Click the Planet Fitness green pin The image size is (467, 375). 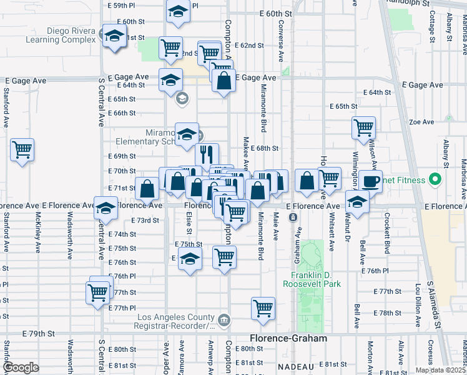click(x=436, y=181)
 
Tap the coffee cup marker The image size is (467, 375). click(x=370, y=181)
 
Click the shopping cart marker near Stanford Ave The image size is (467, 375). click(x=22, y=150)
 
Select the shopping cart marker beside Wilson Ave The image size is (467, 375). click(x=363, y=127)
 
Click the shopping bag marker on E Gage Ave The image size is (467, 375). click(x=224, y=80)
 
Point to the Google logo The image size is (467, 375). click(x=21, y=367)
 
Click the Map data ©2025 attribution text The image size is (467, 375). click(x=441, y=370)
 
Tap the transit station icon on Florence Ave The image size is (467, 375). click(x=292, y=217)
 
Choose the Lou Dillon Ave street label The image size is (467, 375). click(x=419, y=303)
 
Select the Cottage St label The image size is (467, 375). click(x=432, y=24)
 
